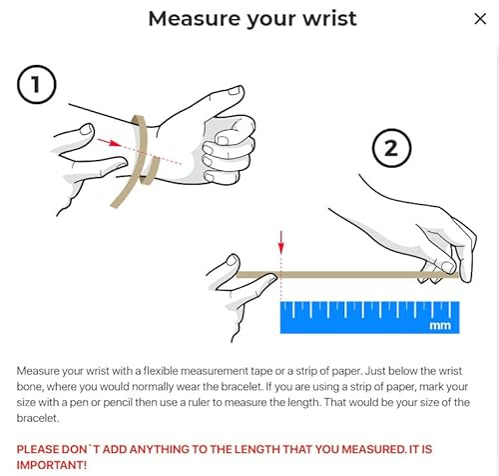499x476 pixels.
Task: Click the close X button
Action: (479, 18)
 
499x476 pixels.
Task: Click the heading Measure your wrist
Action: (251, 18)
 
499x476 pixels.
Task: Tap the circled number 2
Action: (391, 150)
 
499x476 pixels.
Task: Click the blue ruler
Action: (368, 314)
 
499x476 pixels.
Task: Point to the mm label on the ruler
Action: (439, 325)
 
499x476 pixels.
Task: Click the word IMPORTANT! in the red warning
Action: (50, 464)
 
